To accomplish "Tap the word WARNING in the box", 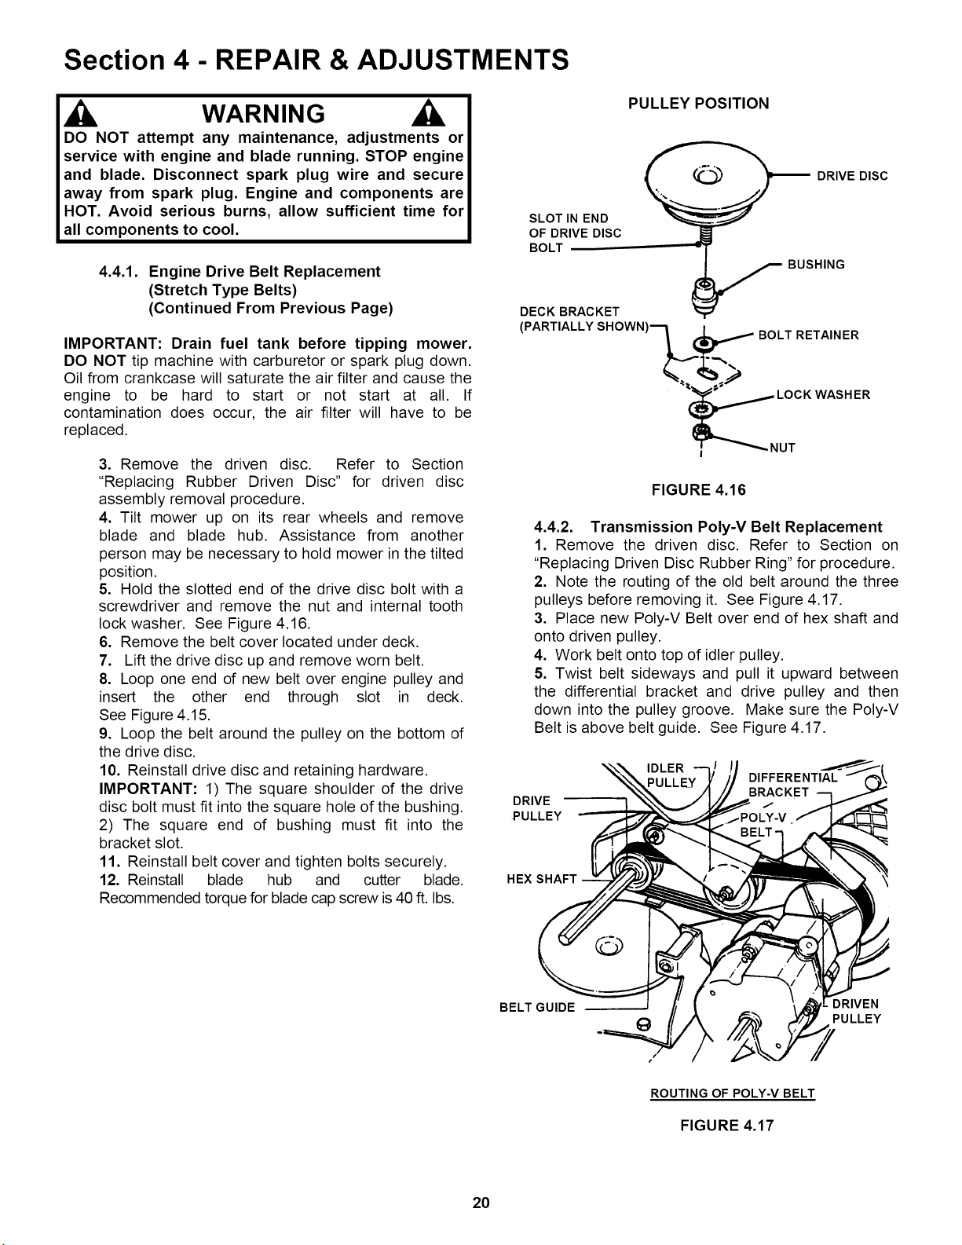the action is [263, 113].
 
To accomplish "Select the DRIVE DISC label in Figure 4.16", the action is [852, 176].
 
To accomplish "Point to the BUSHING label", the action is [816, 265].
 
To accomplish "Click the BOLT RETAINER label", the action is [809, 335].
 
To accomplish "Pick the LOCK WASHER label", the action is [823, 395].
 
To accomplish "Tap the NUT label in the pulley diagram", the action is [782, 448].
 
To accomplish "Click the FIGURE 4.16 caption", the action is [699, 490].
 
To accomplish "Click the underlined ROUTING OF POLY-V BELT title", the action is [733, 1093].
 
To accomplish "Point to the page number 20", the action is [481, 1203].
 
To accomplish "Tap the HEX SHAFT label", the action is [541, 879].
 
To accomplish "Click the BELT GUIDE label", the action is [536, 1007].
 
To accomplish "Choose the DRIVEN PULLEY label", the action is [856, 1011].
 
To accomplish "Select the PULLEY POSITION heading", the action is [699, 104].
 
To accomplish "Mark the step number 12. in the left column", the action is [110, 880].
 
